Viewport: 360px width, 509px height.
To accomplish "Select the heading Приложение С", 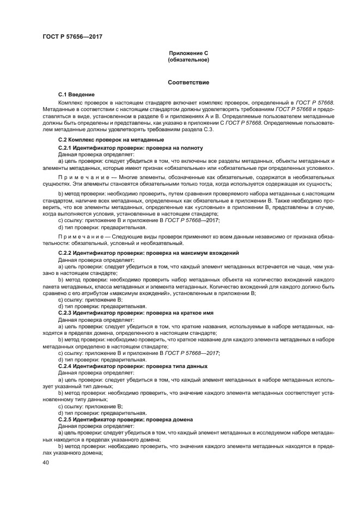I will [x=188, y=54].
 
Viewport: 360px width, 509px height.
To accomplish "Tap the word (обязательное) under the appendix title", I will [x=188, y=60].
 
